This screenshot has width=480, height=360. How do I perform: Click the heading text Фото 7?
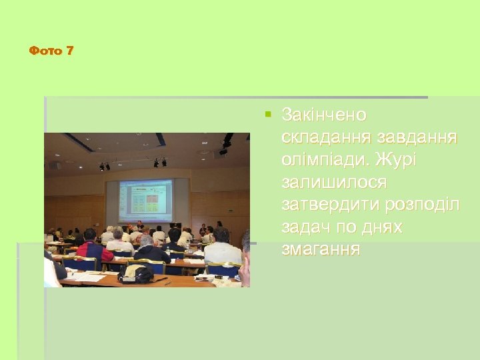[51, 51]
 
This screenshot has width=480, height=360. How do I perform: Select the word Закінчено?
[324, 115]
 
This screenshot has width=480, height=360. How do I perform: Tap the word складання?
[326, 137]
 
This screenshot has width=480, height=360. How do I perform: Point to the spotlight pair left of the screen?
[104, 167]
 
